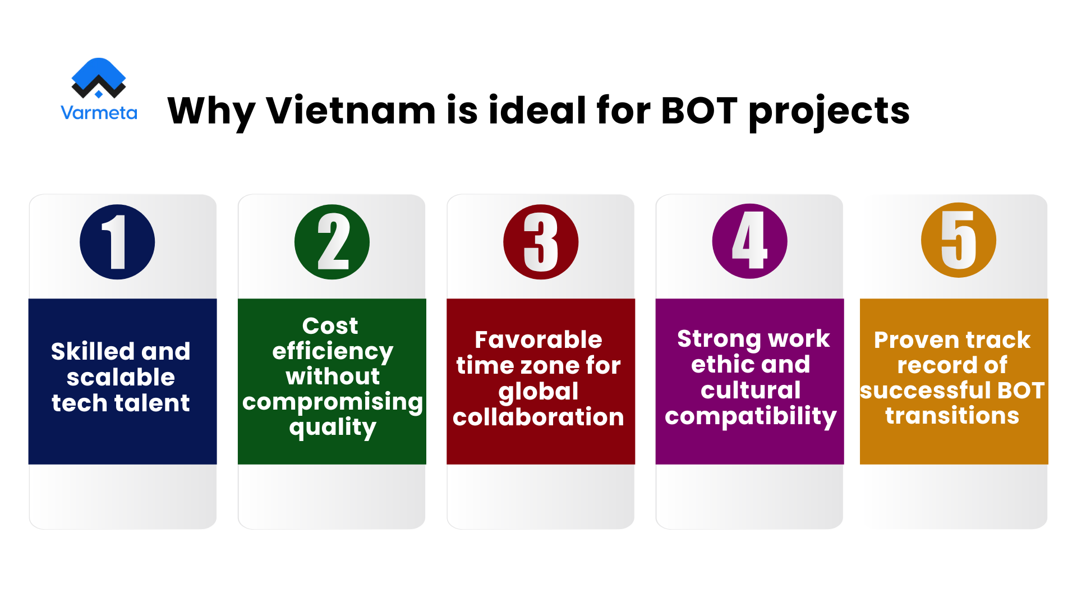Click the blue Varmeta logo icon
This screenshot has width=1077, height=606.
(x=99, y=77)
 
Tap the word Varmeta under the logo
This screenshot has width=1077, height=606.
(x=99, y=113)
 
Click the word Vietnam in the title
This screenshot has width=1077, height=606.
(x=351, y=110)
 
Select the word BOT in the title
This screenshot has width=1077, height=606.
(x=699, y=110)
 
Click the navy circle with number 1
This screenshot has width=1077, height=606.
(x=117, y=242)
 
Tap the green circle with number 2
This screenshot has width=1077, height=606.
(x=332, y=242)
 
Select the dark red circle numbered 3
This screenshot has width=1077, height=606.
(x=541, y=242)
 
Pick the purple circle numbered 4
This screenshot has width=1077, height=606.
(x=750, y=241)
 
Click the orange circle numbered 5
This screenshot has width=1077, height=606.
(x=959, y=240)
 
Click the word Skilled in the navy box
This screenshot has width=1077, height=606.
(x=93, y=352)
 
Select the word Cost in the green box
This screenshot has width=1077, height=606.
(x=330, y=325)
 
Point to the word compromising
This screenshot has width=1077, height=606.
(x=333, y=402)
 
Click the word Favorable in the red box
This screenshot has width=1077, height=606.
(x=538, y=339)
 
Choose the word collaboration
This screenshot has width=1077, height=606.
(x=538, y=417)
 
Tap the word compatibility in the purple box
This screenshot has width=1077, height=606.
(x=751, y=416)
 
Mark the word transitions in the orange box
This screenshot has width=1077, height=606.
(x=952, y=416)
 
